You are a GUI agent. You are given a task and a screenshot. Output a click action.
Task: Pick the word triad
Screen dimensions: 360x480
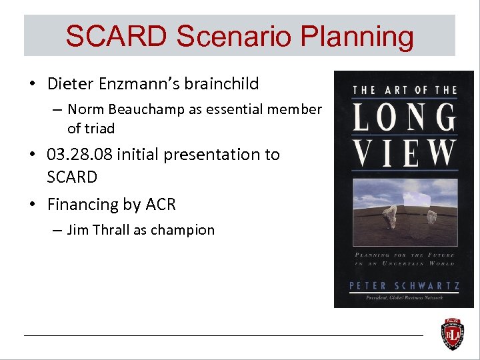point(99,128)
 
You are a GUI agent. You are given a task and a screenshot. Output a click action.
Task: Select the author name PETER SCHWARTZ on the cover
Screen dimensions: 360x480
point(404,285)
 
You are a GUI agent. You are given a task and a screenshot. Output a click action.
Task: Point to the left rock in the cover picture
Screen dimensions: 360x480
point(390,215)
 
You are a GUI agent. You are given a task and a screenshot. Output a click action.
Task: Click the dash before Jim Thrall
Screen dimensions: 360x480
point(56,230)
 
